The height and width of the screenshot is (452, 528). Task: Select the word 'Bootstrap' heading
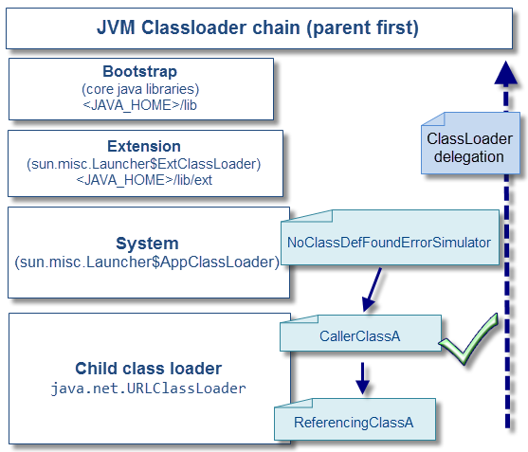tap(139, 72)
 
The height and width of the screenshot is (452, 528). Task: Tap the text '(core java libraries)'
tap(139, 88)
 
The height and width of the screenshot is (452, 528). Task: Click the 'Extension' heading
tap(144, 146)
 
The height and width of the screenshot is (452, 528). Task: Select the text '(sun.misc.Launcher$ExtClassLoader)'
tap(144, 163)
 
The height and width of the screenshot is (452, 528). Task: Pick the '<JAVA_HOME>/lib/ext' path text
tap(144, 179)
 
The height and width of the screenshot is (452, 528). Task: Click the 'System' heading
tap(147, 244)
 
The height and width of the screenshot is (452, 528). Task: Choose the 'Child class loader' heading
tap(148, 369)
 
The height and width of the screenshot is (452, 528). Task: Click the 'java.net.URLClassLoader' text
tap(148, 389)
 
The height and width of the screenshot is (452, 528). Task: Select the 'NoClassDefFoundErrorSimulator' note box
tap(389, 244)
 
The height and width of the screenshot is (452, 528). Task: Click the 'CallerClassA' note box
tap(360, 334)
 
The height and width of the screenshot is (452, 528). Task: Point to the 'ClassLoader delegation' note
tap(469, 148)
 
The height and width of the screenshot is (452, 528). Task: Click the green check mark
tap(471, 339)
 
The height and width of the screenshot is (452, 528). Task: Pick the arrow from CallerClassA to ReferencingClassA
tap(361, 378)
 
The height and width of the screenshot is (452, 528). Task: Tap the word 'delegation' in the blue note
tap(469, 156)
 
